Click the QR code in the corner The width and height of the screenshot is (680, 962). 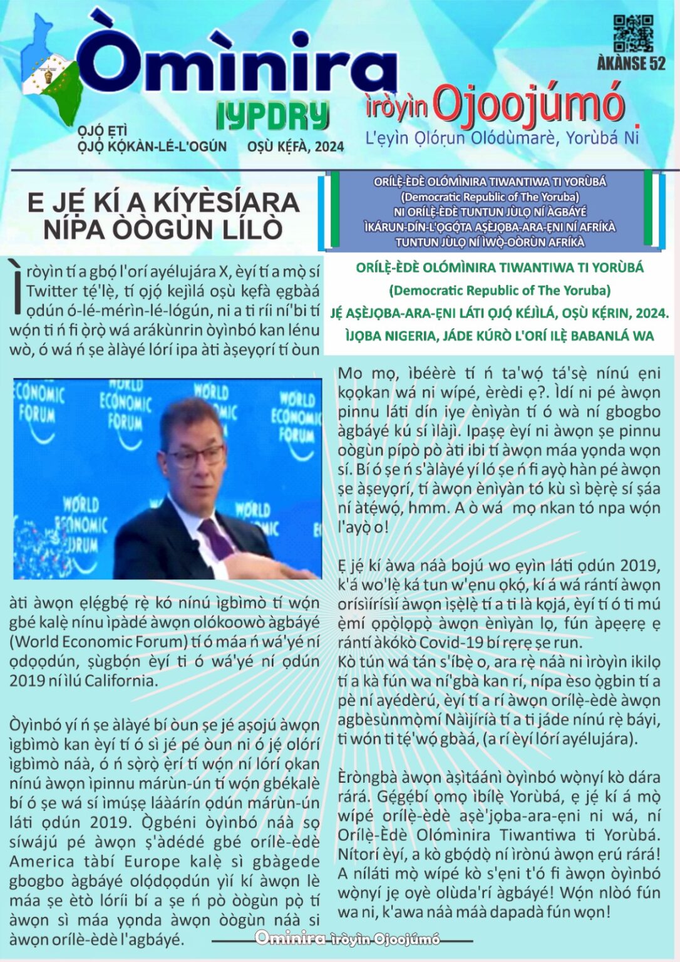coord(633,34)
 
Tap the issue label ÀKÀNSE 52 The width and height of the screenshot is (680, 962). coord(631,63)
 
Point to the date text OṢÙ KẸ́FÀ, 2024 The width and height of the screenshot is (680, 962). coord(296,147)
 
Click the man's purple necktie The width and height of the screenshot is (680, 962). coord(216,539)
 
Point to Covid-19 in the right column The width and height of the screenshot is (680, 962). coord(448,643)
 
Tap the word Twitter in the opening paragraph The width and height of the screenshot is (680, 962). coord(52,291)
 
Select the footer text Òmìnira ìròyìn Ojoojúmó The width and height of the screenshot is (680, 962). coord(347,938)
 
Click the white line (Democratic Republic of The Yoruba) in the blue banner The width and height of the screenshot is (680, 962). coord(490,197)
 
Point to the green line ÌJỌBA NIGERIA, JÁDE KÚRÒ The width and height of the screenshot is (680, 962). coord(499,336)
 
